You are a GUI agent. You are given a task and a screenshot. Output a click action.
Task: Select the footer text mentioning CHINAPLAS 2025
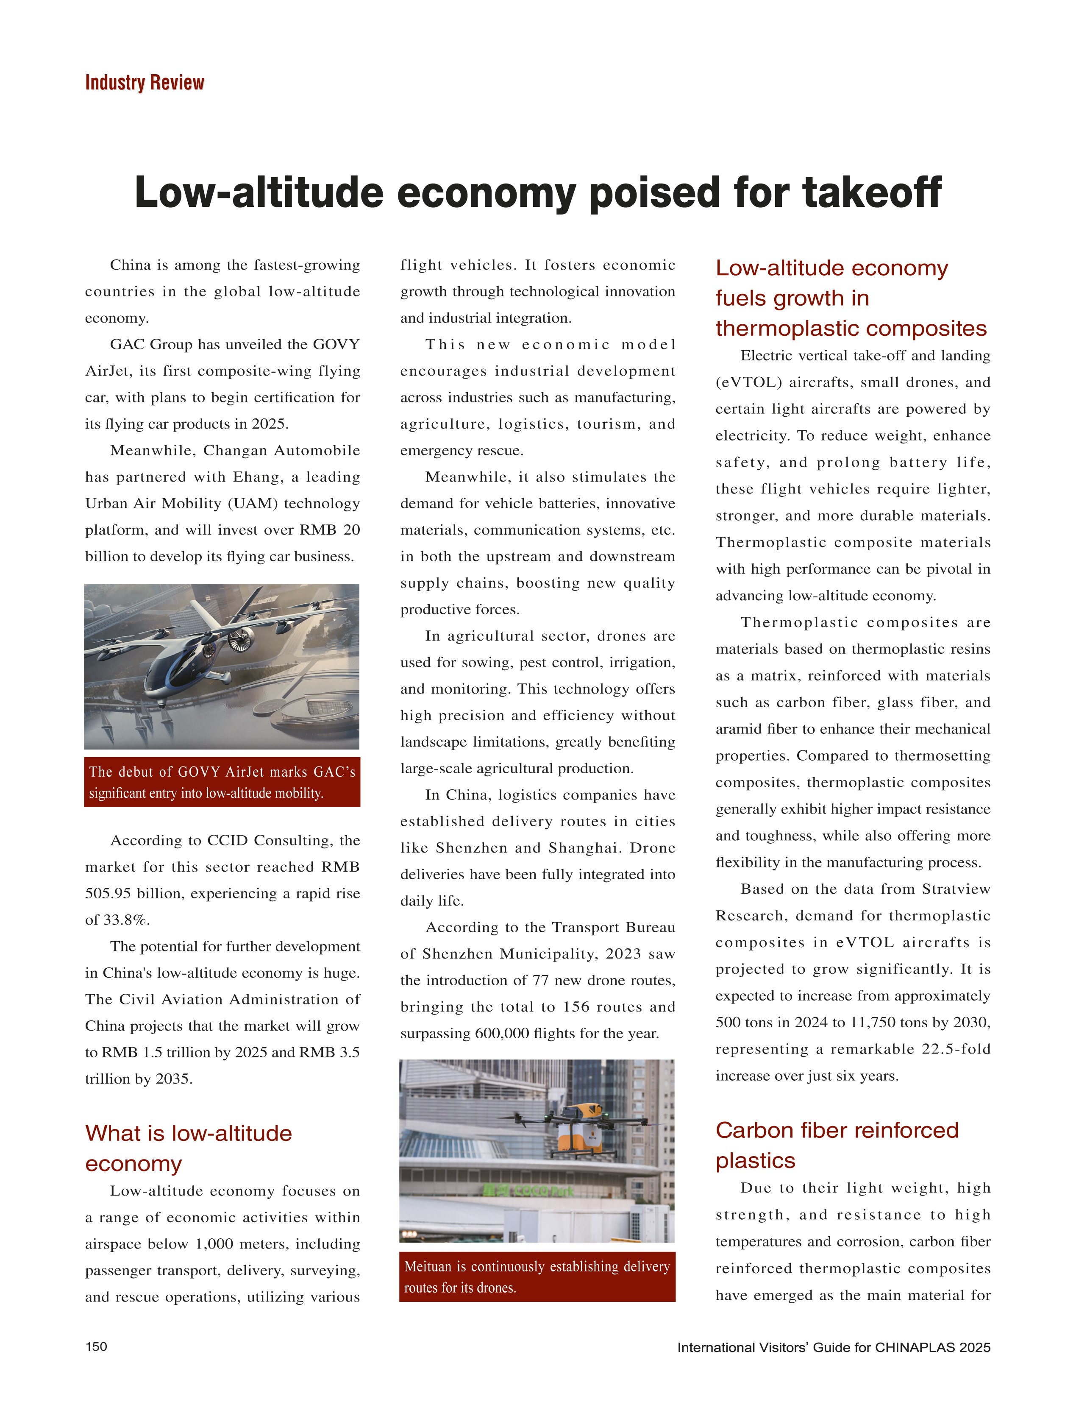[x=833, y=1347]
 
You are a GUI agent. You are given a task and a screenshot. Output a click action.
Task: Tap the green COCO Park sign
[x=529, y=1190]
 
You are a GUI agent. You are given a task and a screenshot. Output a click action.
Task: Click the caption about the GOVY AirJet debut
[x=222, y=782]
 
